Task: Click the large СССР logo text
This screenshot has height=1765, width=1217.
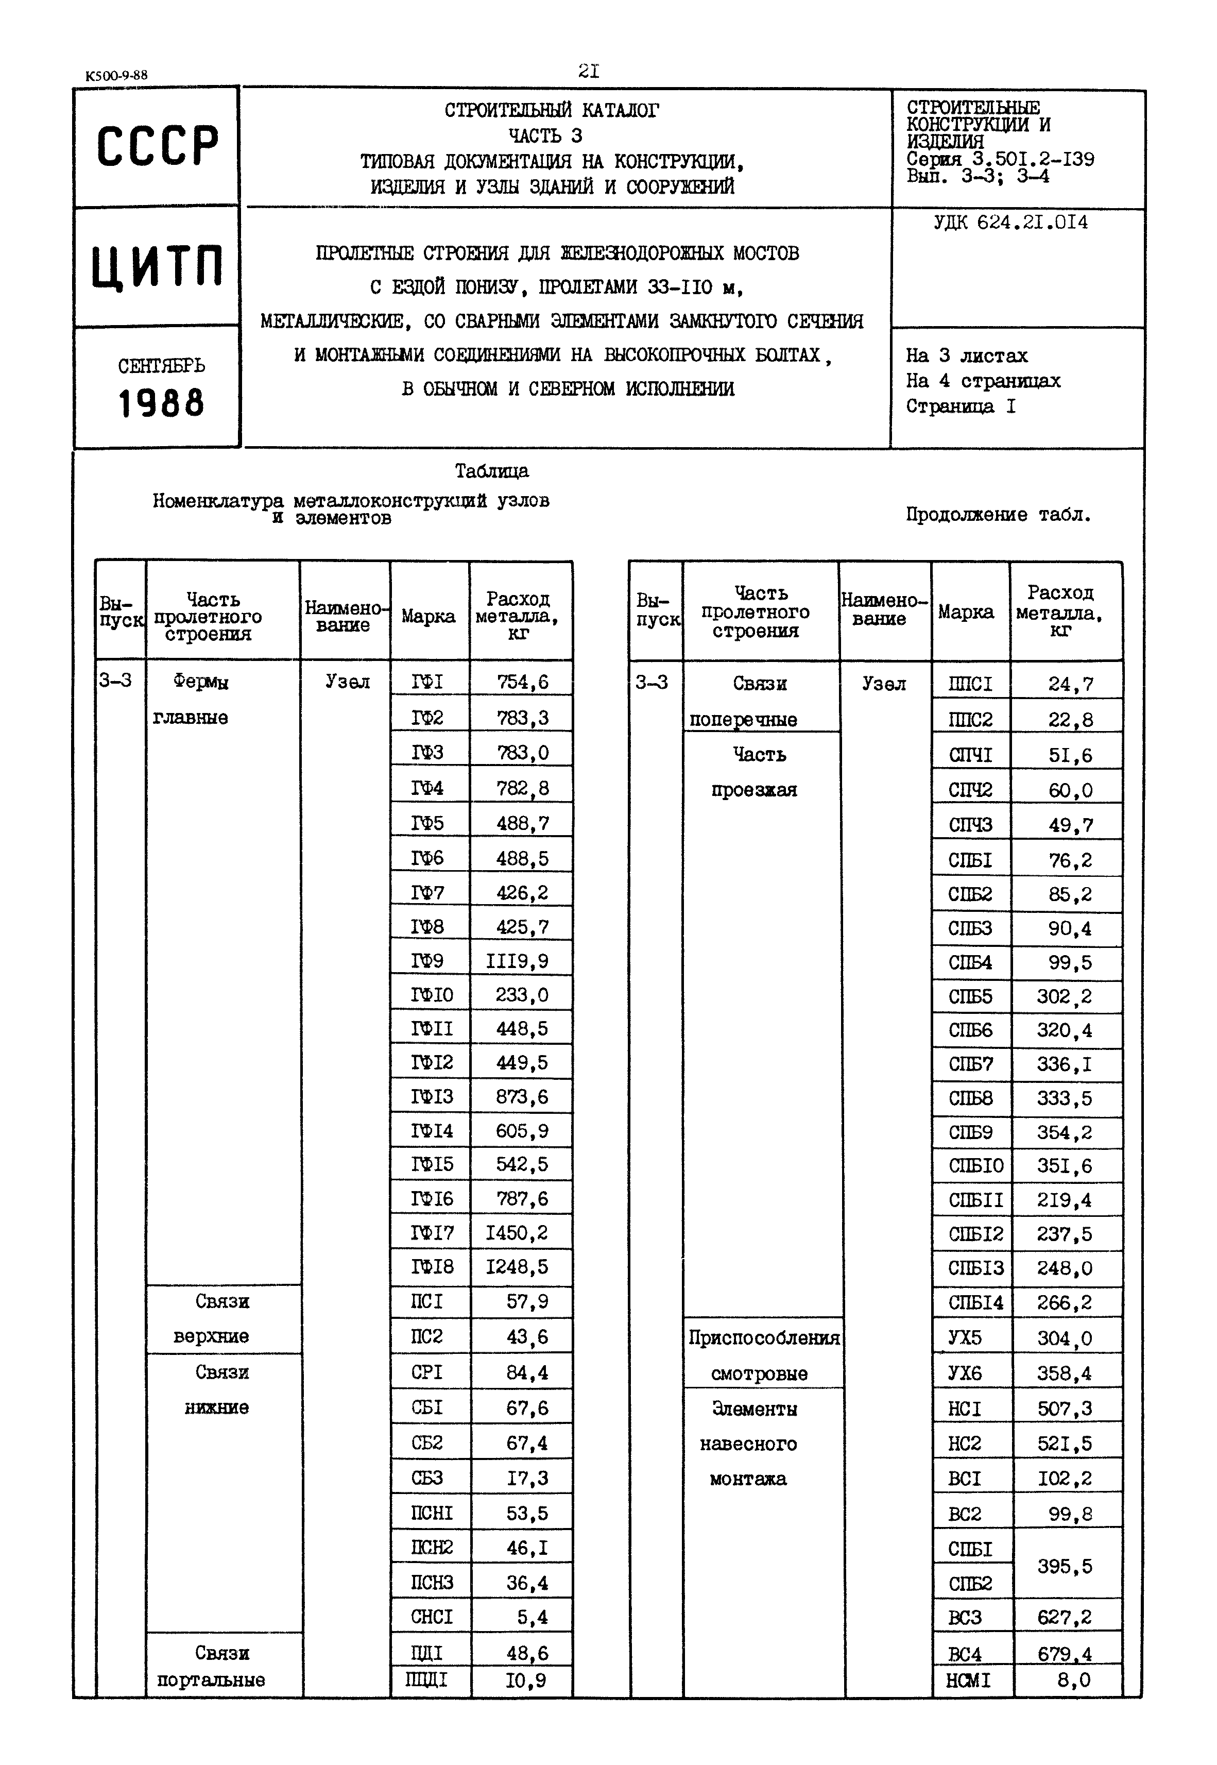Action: pos(157,146)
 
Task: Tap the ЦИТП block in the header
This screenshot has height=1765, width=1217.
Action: pos(157,267)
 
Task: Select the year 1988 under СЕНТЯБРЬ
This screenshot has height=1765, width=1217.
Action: pos(161,403)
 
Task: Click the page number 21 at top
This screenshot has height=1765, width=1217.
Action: pos(589,72)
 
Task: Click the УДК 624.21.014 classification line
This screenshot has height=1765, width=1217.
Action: pos(1010,223)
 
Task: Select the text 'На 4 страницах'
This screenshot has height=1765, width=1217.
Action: pos(982,381)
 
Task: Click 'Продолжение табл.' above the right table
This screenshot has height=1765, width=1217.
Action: pos(998,515)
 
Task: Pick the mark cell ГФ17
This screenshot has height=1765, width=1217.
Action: pos(432,1233)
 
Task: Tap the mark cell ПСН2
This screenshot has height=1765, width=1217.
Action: pos(432,1548)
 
